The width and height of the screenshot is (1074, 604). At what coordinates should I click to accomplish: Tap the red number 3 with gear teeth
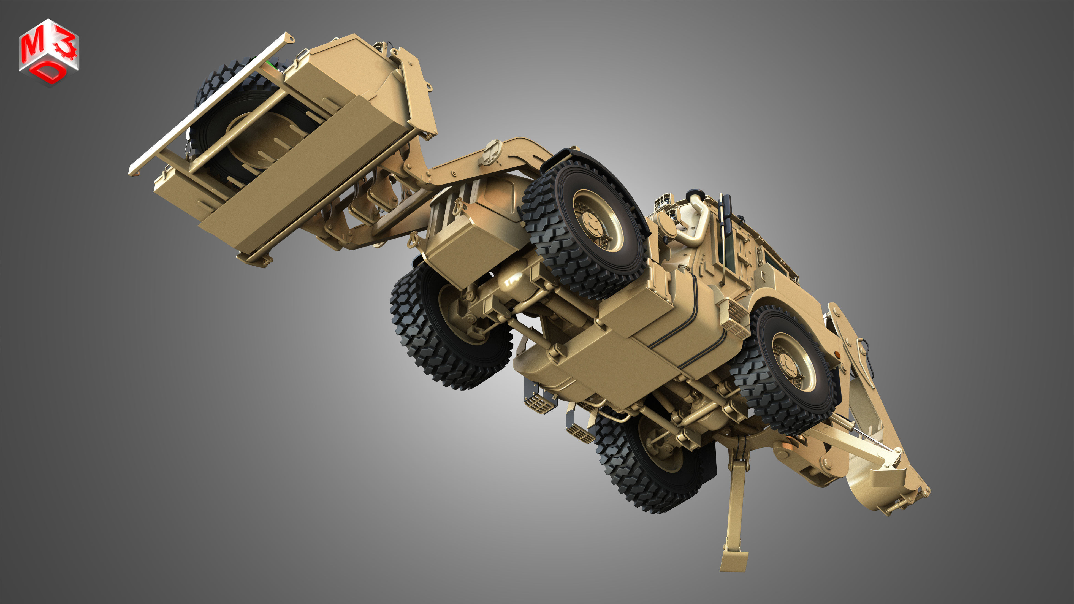pyautogui.click(x=66, y=45)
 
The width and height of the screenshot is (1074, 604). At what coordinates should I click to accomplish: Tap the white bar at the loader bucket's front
pyautogui.click(x=208, y=104)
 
